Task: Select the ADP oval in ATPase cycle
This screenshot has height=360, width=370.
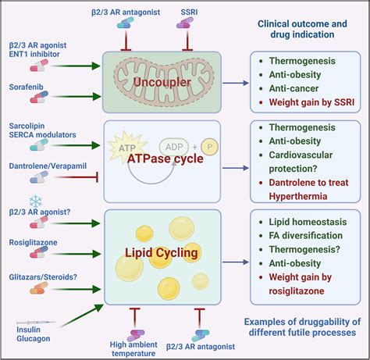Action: [x=175, y=145]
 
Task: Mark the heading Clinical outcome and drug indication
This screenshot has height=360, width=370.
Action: [x=303, y=29]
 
